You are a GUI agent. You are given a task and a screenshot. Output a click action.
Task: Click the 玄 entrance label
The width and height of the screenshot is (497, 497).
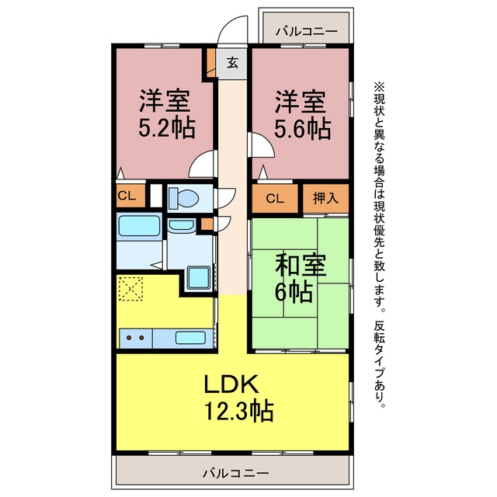[232, 63]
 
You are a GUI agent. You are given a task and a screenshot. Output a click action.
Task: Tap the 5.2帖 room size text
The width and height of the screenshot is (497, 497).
[167, 127]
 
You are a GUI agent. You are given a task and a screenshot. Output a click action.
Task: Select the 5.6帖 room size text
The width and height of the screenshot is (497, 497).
[302, 129]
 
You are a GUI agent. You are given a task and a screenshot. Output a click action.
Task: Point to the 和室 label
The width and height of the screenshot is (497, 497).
[301, 266]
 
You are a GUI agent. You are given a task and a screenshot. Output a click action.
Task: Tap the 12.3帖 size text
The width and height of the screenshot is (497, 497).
[238, 411]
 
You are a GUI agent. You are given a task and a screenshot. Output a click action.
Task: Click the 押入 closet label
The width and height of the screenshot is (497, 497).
[325, 198]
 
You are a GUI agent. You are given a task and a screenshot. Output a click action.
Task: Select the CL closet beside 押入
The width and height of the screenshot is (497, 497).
[275, 199]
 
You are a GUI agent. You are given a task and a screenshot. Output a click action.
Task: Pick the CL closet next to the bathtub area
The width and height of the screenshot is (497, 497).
[127, 196]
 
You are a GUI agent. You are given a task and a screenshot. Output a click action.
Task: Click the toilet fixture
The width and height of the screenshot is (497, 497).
[183, 199]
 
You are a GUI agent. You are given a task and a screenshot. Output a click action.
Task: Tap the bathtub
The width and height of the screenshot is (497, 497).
[139, 226]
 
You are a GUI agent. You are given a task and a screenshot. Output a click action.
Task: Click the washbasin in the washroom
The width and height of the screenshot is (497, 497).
[181, 226]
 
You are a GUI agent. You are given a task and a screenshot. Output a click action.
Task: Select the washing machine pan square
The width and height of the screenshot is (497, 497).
[199, 278]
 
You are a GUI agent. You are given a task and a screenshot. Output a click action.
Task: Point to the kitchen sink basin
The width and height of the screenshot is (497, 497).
[190, 337]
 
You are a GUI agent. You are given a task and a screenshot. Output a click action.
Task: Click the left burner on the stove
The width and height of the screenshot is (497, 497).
[129, 338]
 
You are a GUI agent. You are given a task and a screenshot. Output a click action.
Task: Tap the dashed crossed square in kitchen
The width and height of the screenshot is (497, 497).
[130, 288]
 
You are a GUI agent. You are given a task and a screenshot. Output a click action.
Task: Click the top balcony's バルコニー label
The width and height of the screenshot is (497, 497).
[306, 31]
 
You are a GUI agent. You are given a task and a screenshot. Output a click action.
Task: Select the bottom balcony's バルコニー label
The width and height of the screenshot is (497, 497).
[236, 474]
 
